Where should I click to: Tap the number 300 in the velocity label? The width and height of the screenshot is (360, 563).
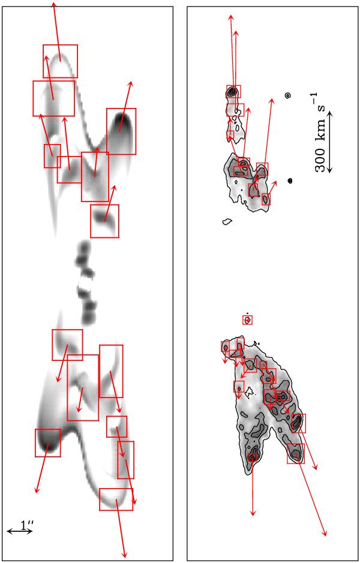coord(321,158)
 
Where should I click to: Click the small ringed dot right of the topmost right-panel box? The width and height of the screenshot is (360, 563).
coord(287,95)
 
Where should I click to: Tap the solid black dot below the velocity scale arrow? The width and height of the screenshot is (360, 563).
coord(290,180)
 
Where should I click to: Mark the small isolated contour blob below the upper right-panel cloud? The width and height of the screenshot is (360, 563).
coord(227,221)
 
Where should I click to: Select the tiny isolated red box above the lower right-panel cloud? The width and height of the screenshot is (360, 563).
coord(248,320)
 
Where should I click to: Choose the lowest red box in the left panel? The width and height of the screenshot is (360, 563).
coord(116,499)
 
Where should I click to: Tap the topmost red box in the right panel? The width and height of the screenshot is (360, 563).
coord(233,91)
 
